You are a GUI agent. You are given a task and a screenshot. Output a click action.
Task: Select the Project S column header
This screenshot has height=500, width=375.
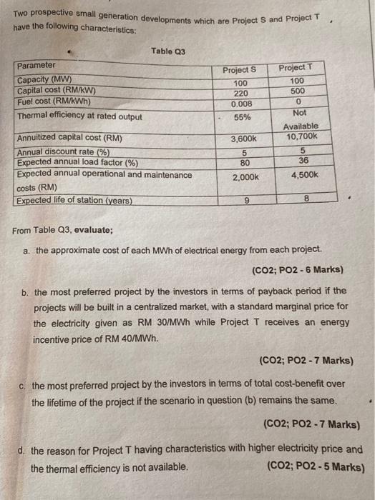(239, 70)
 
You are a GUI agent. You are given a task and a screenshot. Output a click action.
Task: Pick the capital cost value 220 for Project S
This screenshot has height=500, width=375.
(240, 94)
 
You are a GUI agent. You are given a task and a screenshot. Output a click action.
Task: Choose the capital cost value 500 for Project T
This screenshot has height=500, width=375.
(297, 91)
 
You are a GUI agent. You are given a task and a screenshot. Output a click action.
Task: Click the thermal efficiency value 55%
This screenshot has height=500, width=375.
(243, 117)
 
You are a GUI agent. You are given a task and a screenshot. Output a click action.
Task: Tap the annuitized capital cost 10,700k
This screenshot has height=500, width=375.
(298, 136)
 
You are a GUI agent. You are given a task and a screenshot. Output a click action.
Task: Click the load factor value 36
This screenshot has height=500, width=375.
(301, 161)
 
